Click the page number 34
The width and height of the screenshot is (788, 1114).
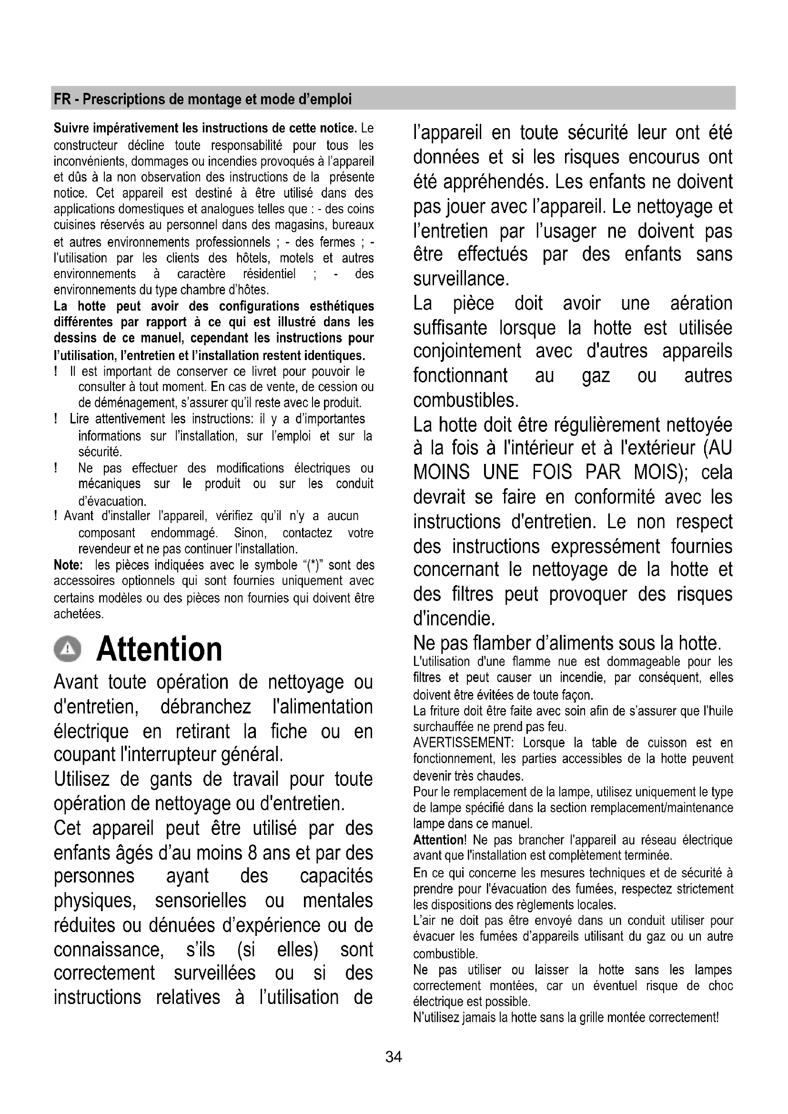coord(394,1057)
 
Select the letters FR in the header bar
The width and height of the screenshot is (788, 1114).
coord(62,100)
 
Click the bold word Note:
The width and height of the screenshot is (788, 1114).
coord(69,565)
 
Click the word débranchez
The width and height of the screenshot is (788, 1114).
coord(206,707)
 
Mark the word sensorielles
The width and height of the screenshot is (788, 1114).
coord(201,901)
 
